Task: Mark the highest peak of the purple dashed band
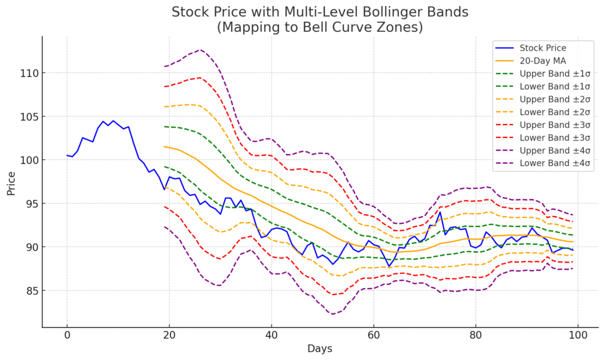click(200, 50)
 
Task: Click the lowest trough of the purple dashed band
click(333, 314)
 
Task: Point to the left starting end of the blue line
click(67, 155)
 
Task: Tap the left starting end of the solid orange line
click(164, 146)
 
